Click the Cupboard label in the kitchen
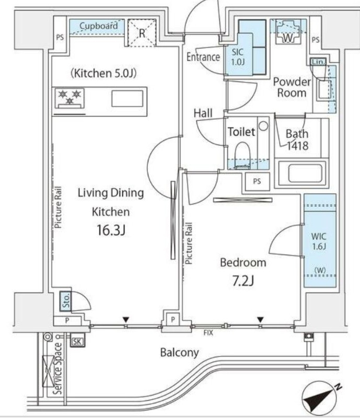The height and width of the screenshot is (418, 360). click(x=99, y=25)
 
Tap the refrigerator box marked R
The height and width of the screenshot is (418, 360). click(x=142, y=32)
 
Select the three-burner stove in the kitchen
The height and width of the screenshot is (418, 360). click(x=70, y=97)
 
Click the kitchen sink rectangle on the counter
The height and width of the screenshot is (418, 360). click(x=126, y=98)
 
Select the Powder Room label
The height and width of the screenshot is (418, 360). click(x=292, y=88)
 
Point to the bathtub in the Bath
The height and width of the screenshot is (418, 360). click(x=301, y=173)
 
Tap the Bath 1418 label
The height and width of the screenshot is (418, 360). click(x=297, y=139)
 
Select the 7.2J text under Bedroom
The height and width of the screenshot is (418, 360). click(x=243, y=282)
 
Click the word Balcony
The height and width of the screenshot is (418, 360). click(x=179, y=353)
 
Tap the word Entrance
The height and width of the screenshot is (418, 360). click(x=203, y=57)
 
